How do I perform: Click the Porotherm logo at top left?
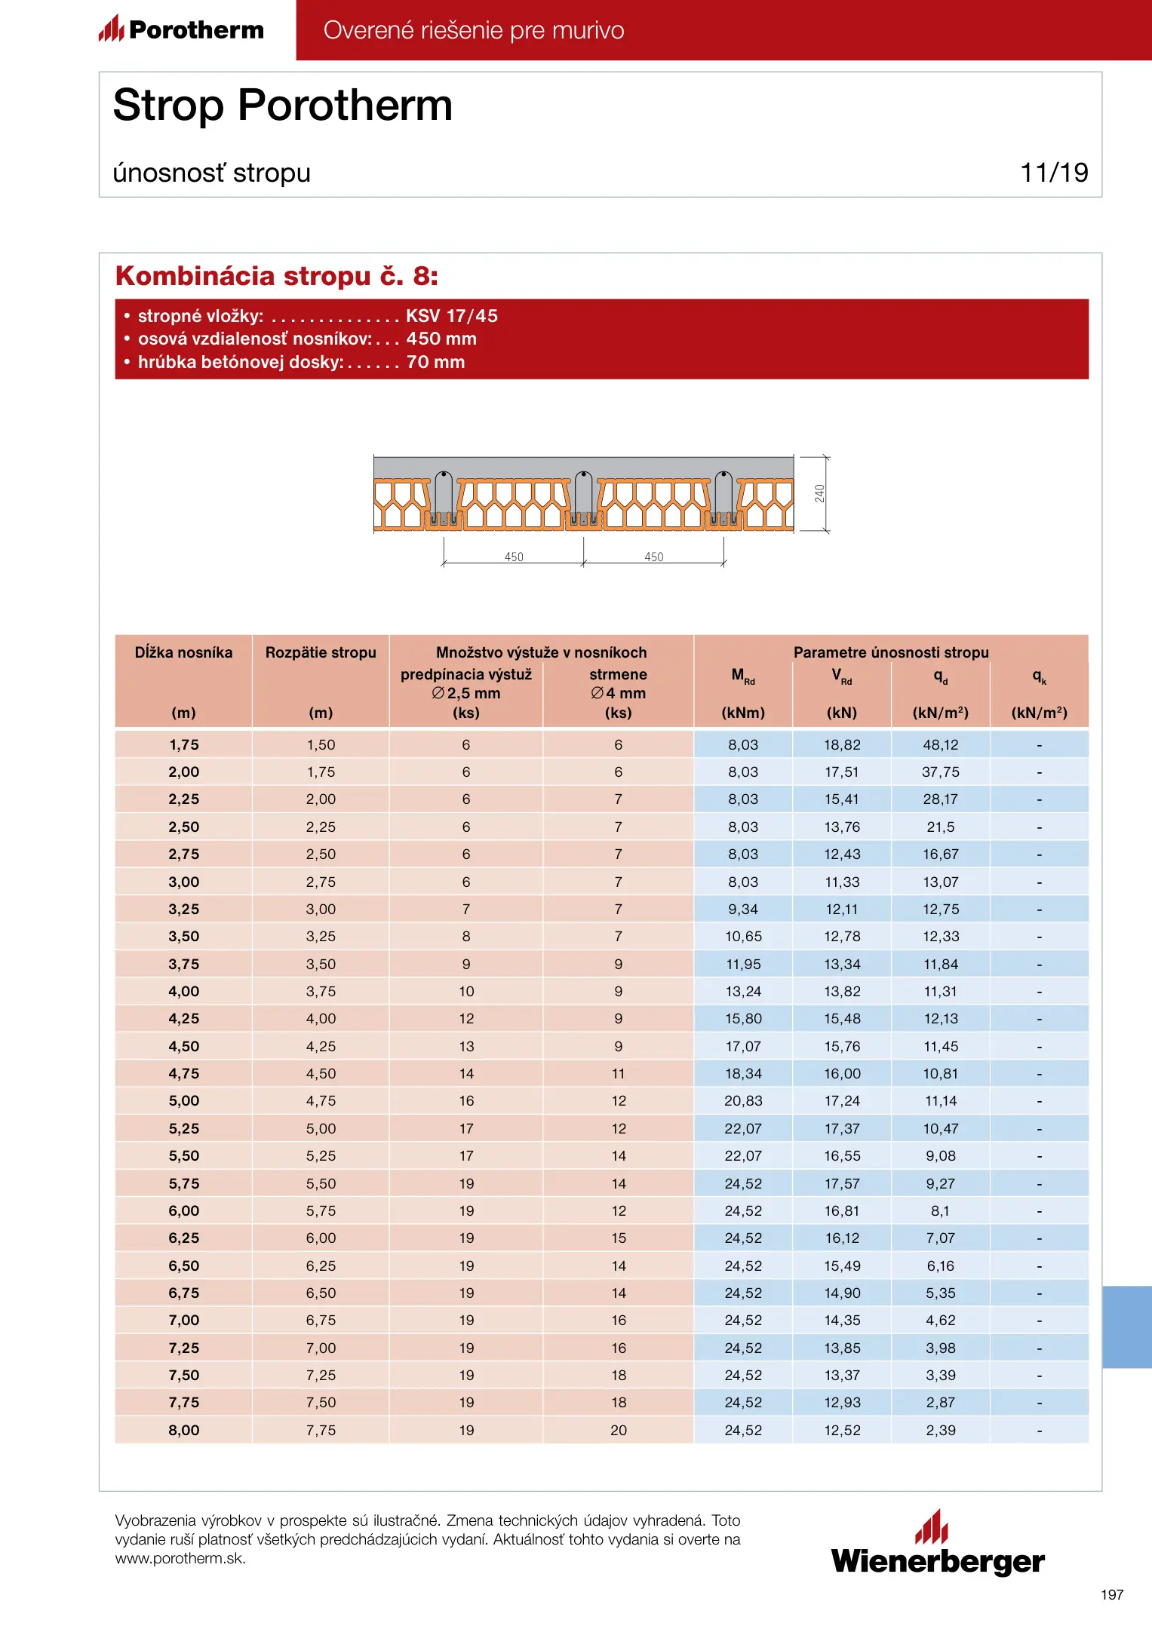(x=181, y=29)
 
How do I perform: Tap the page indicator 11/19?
(x=1054, y=173)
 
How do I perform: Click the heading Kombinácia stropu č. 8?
(x=276, y=276)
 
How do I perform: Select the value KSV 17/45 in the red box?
(x=452, y=316)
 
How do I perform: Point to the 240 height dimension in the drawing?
(x=819, y=494)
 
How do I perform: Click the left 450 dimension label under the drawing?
(x=514, y=557)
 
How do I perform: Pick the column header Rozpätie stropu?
(x=321, y=652)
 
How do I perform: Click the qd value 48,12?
(x=941, y=745)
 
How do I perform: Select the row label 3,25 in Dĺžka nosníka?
(x=184, y=910)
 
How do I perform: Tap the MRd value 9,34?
(x=743, y=910)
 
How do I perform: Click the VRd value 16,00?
(x=842, y=1074)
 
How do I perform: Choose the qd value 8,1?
(x=941, y=1211)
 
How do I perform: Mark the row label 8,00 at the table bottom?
(x=184, y=1431)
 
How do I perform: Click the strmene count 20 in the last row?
(x=619, y=1431)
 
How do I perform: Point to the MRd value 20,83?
(x=743, y=1101)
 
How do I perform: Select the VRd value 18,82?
(x=842, y=745)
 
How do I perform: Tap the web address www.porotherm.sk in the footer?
(x=180, y=1559)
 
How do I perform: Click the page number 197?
(x=1112, y=1595)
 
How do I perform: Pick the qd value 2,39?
(x=941, y=1431)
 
